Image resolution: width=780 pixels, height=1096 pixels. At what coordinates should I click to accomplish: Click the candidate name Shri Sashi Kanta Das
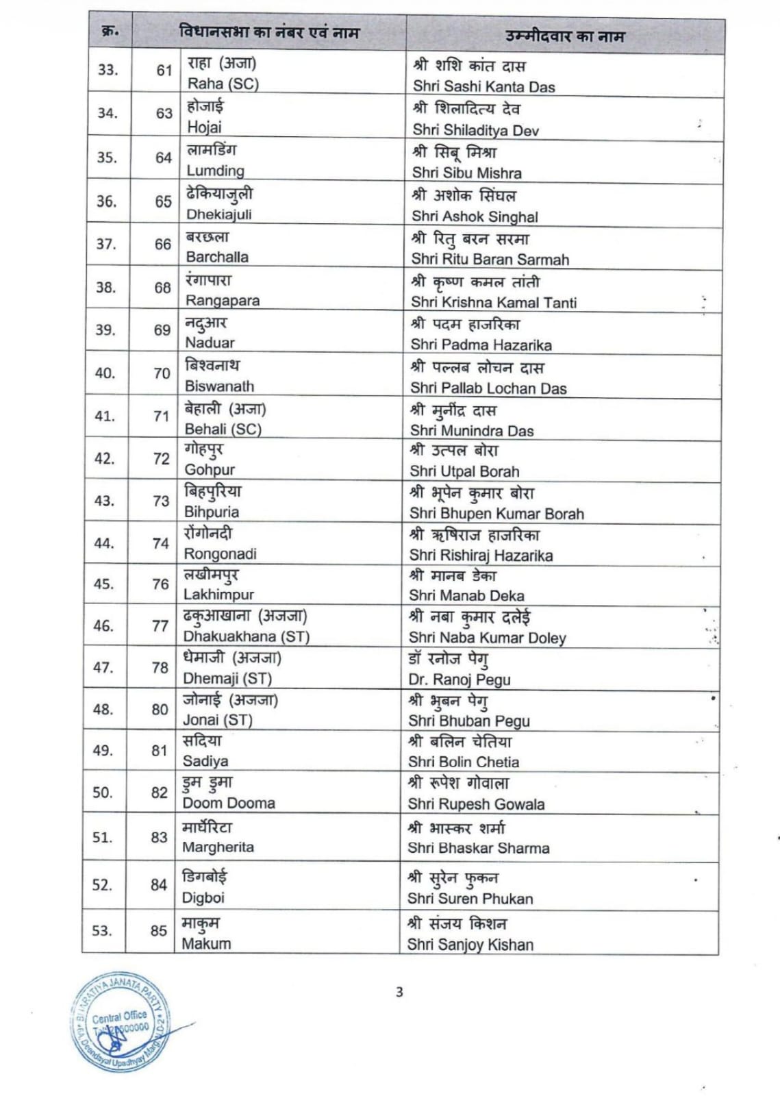tap(483, 87)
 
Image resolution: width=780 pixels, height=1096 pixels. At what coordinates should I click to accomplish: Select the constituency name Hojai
tap(204, 127)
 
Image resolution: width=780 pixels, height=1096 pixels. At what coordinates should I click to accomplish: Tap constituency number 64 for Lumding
tap(163, 158)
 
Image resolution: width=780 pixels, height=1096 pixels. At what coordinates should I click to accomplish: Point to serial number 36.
tap(106, 201)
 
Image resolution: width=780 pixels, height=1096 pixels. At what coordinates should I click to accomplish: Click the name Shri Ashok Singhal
tap(475, 216)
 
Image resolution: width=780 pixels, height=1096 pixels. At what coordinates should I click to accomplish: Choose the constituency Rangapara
tap(222, 300)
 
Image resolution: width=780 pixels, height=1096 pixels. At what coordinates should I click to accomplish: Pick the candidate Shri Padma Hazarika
tap(481, 345)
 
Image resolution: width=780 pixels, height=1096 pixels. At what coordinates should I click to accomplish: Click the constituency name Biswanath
tap(219, 386)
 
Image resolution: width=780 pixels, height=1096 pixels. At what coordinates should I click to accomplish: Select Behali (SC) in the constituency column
tap(223, 429)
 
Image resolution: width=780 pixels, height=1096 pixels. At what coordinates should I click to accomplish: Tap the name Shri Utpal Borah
tap(464, 471)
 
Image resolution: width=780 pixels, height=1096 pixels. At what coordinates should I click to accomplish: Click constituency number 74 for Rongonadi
tap(161, 543)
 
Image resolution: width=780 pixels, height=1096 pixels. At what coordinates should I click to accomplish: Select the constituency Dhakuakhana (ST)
tap(246, 636)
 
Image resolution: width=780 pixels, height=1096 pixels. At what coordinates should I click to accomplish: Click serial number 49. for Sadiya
tap(103, 751)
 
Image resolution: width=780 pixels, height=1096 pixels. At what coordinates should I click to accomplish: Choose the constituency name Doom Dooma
tap(228, 803)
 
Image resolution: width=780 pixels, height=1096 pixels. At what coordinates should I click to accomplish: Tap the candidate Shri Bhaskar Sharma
tap(478, 848)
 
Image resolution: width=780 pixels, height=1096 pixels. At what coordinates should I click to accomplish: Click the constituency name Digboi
tap(203, 897)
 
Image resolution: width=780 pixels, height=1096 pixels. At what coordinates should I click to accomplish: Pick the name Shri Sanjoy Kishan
tap(470, 945)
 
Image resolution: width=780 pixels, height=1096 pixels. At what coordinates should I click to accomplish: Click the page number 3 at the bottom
tap(399, 992)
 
